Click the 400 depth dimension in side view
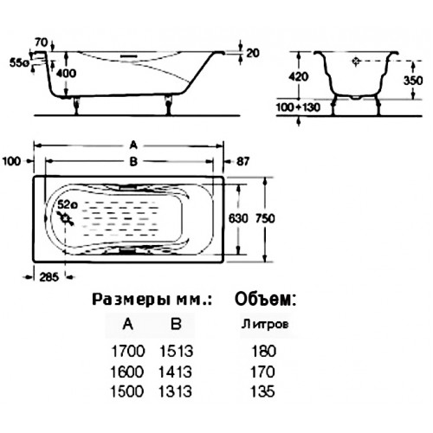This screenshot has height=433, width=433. tap(66, 74)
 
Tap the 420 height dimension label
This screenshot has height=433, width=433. tap(299, 76)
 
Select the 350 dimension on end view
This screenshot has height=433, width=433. tap(413, 81)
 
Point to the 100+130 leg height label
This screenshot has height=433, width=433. tap(298, 107)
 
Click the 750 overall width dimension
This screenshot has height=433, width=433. tap(265, 218)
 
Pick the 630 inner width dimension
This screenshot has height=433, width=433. tap(238, 218)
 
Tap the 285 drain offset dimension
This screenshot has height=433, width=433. tap(49, 277)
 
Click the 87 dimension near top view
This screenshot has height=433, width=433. tap(242, 161)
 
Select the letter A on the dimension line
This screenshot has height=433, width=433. tap(133, 145)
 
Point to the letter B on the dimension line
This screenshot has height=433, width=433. tap(133, 162)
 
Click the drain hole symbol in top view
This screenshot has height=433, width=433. tap(66, 218)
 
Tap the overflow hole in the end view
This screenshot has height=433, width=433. tap(356, 61)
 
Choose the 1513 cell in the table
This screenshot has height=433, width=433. tap(176, 352)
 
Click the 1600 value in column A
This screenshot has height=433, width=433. tap(127, 372)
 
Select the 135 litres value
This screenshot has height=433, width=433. tap(262, 391)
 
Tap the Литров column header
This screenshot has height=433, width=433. tap(265, 324)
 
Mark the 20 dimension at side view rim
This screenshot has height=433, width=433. tap(253, 54)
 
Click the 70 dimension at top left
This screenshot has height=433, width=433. tap(42, 42)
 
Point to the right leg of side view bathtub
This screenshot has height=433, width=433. tap(168, 106)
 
